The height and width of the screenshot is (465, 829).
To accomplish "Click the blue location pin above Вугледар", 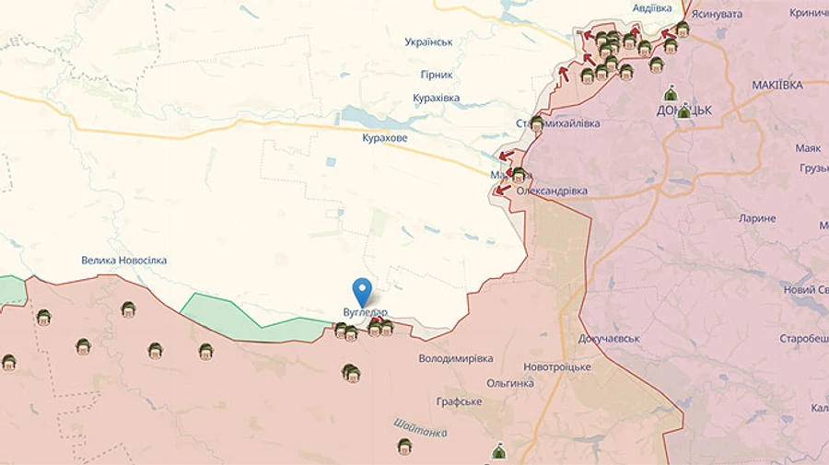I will pyautogui.click(x=363, y=290).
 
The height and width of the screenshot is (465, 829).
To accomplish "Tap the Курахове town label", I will pyautogui.click(x=385, y=137).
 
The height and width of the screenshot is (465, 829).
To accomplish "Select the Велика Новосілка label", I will pyautogui.click(x=124, y=261).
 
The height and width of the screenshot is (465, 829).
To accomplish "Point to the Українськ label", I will pyautogui.click(x=428, y=42).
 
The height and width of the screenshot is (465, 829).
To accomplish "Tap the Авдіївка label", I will pyautogui.click(x=652, y=8).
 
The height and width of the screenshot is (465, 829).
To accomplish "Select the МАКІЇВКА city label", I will pyautogui.click(x=776, y=85).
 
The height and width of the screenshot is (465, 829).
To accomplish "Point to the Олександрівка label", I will pyautogui.click(x=552, y=191).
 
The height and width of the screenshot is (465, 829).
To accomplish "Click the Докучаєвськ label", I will pyautogui.click(x=609, y=339).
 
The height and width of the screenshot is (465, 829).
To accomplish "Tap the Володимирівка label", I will pyautogui.click(x=455, y=358).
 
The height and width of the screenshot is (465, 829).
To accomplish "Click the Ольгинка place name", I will pyautogui.click(x=510, y=383).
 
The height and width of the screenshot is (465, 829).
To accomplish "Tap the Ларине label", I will pyautogui.click(x=757, y=218).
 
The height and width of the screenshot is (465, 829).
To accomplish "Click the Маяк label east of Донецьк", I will pyautogui.click(x=808, y=147).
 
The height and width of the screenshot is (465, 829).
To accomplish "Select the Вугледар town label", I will pyautogui.click(x=359, y=312).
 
